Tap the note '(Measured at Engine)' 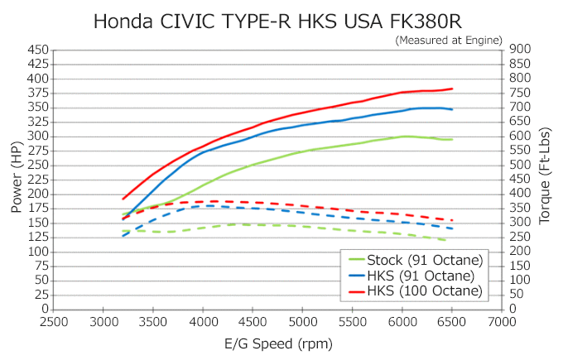tap(449, 39)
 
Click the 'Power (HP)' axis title tap(16, 178)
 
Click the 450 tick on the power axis tap(37, 50)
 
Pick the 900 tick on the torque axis tap(521, 50)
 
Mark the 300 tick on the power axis tap(37, 137)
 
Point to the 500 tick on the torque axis tap(521, 165)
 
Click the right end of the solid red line tap(452, 89)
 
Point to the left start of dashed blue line tap(123, 236)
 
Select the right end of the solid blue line tap(452, 109)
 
